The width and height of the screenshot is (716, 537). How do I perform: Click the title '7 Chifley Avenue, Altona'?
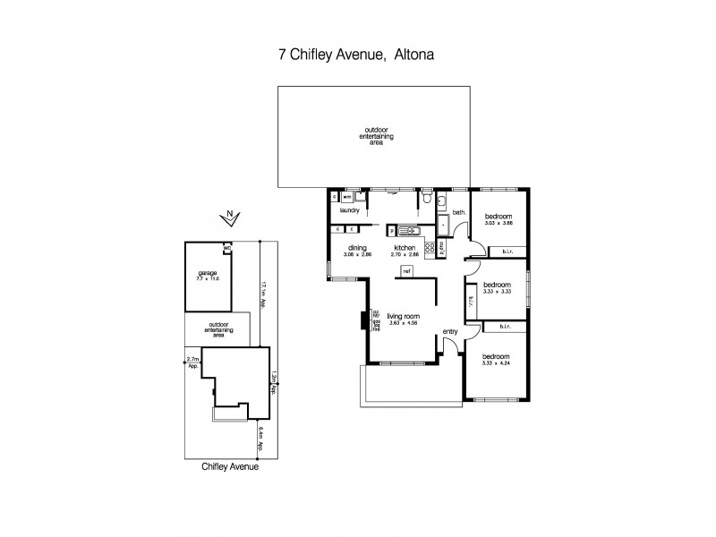pos(357,55)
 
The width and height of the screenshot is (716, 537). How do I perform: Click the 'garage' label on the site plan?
pos(207,273)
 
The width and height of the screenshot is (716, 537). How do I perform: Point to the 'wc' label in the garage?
pos(227,248)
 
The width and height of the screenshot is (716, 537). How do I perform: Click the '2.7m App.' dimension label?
pos(192,362)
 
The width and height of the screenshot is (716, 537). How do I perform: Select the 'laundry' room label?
pos(349,210)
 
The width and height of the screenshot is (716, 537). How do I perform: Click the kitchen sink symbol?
pos(408,229)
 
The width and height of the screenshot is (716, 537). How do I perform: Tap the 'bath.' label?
pos(459,212)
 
